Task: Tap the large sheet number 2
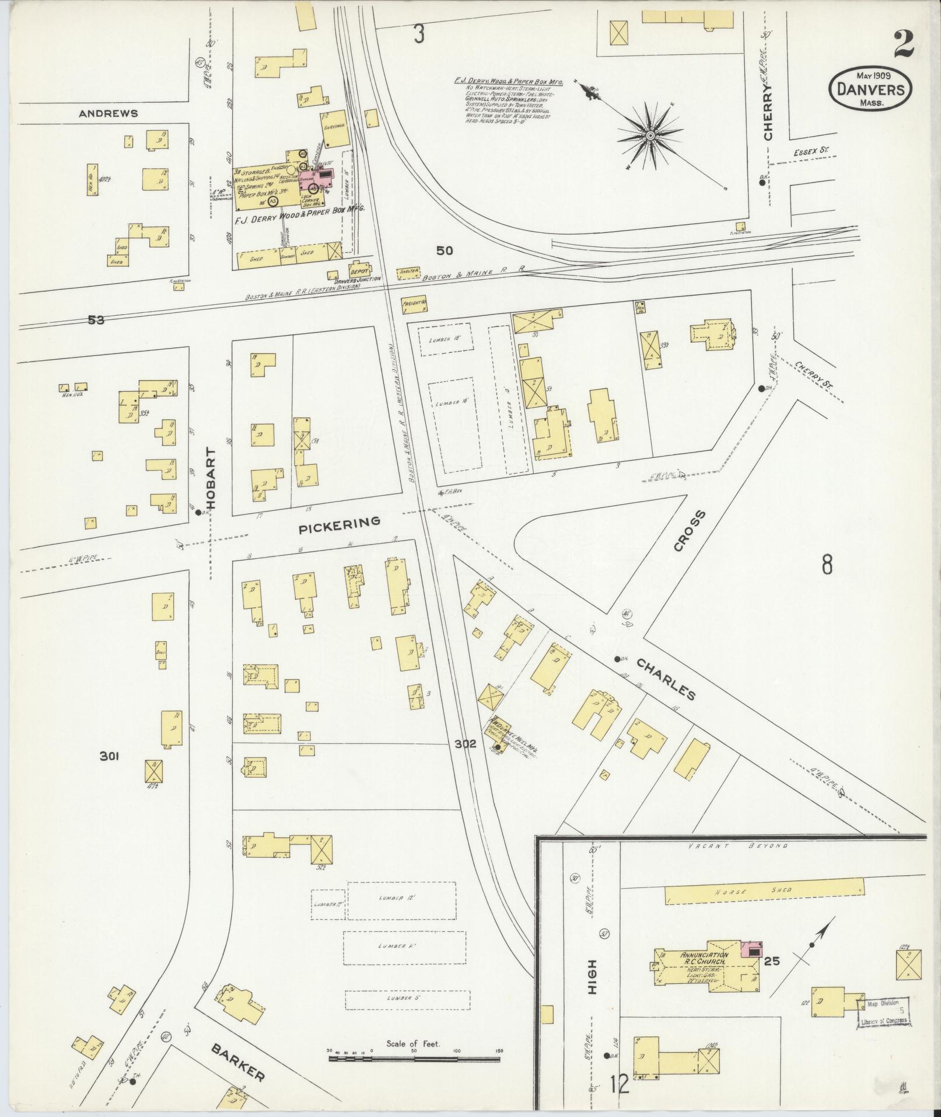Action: point(902,45)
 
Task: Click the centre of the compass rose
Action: point(649,136)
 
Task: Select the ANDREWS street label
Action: point(109,113)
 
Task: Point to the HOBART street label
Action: point(211,479)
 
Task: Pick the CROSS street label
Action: point(690,530)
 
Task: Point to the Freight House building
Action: point(414,304)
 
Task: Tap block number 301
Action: point(109,757)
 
